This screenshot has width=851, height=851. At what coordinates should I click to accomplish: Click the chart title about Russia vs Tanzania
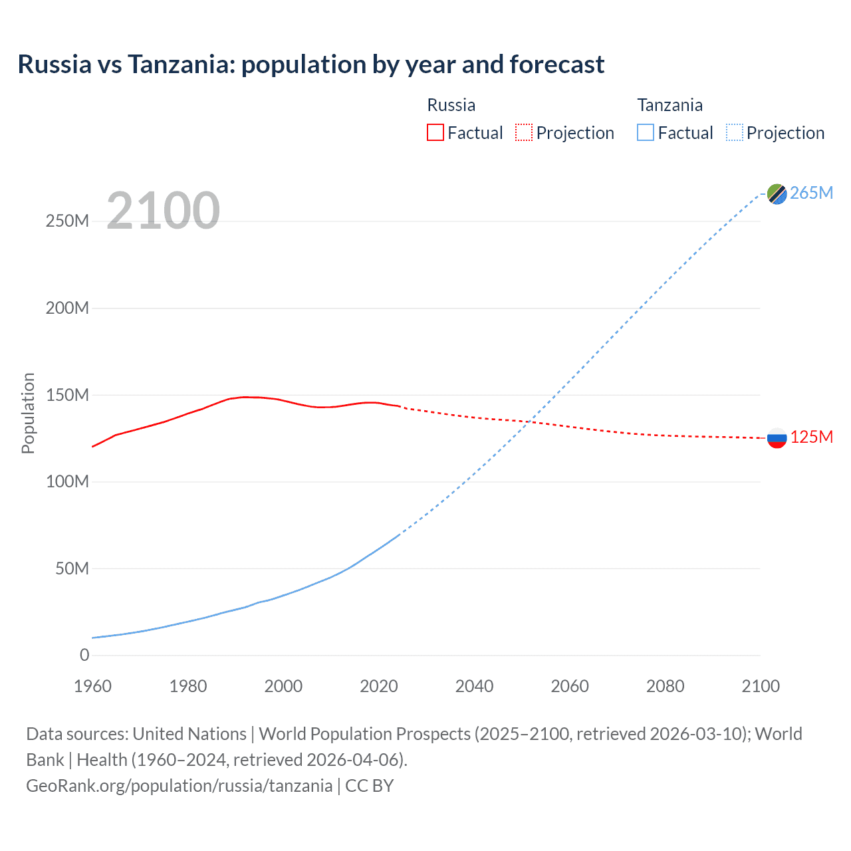tap(310, 64)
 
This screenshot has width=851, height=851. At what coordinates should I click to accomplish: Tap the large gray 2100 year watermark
tap(163, 210)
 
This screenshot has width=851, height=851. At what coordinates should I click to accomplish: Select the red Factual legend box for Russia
tap(435, 132)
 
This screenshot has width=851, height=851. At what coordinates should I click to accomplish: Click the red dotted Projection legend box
tap(524, 132)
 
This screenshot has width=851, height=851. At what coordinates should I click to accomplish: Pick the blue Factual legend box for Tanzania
tap(646, 132)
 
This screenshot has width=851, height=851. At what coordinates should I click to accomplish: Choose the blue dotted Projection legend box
tap(735, 132)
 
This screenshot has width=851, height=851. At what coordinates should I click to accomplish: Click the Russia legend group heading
tap(451, 105)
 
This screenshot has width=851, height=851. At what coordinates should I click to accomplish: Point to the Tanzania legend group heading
tap(669, 105)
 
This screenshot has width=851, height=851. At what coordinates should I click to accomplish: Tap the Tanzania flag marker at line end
tap(777, 193)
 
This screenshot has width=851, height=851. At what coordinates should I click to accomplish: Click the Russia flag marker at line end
tap(777, 438)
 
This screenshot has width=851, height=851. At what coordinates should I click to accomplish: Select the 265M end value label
tap(811, 193)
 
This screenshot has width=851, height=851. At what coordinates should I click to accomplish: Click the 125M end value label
tap(811, 437)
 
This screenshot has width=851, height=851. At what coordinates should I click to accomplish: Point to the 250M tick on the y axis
tap(67, 221)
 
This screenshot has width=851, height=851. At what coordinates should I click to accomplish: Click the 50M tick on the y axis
tap(72, 568)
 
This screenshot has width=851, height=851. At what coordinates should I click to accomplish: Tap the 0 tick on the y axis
tap(84, 655)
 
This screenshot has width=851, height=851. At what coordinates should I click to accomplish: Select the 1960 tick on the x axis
tap(92, 686)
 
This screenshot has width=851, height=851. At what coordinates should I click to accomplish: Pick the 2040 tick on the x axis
tap(474, 686)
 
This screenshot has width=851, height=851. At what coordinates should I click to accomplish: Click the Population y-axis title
tap(28, 413)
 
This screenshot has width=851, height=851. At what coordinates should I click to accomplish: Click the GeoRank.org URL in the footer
tap(179, 786)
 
